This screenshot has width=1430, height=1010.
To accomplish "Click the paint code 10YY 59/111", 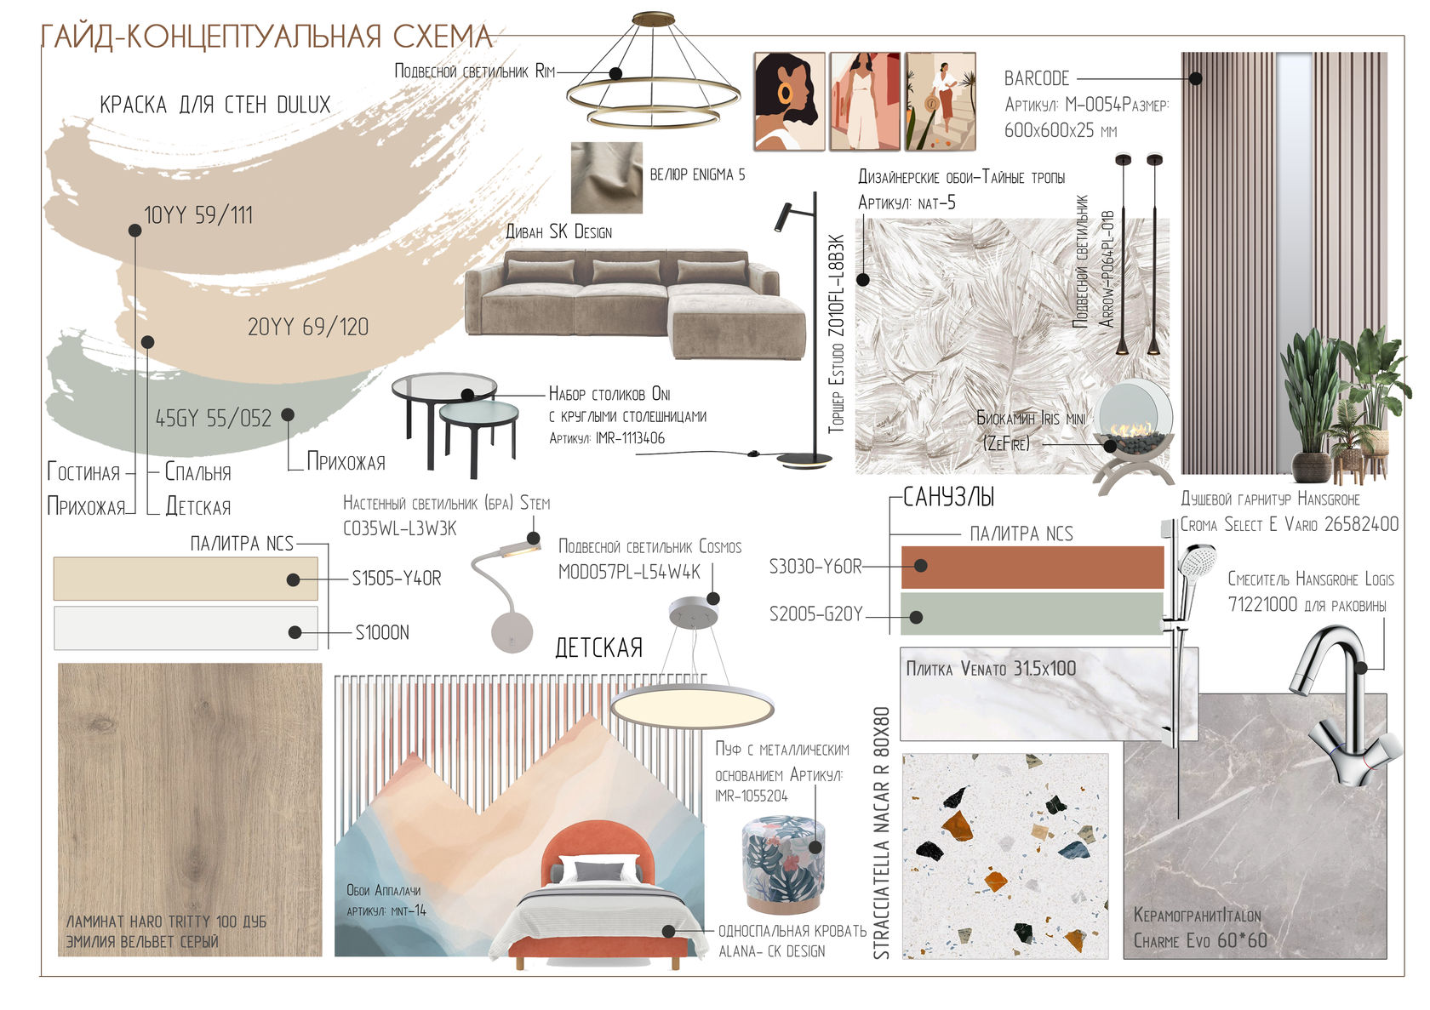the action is [198, 215].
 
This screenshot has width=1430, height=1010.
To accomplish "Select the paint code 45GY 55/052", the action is [214, 419].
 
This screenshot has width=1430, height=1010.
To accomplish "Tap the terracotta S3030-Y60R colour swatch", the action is [1032, 568].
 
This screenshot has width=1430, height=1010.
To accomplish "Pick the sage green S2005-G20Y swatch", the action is [1032, 613].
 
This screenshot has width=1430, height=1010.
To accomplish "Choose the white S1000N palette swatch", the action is [186, 629].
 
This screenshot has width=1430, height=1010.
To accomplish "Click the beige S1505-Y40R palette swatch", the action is [186, 579].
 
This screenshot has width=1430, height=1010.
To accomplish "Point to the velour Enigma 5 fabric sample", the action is [606, 177].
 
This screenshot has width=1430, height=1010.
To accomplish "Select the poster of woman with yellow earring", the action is [789, 102].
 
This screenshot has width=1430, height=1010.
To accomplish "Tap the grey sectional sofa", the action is [635, 305].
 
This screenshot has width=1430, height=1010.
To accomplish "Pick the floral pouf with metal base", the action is [783, 865].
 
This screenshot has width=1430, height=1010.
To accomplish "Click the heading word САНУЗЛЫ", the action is [948, 498].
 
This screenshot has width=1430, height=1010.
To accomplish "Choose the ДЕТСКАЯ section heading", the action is [599, 648].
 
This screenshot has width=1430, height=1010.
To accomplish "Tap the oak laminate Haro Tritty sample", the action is [191, 810].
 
